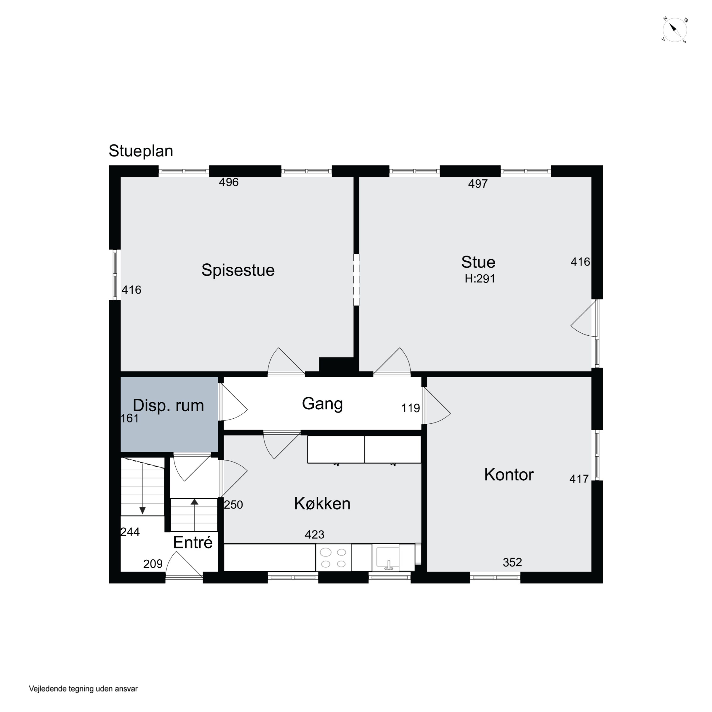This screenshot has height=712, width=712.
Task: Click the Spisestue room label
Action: pyautogui.click(x=238, y=270)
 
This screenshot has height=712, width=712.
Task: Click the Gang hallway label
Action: pyautogui.click(x=323, y=404)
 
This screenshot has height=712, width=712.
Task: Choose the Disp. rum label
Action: pyautogui.click(x=169, y=405)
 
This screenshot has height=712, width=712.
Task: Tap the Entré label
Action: pyautogui.click(x=193, y=543)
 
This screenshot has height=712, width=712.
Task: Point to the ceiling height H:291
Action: pyautogui.click(x=480, y=279)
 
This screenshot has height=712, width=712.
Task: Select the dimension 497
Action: pyautogui.click(x=478, y=183)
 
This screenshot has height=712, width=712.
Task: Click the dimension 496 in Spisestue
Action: pyautogui.click(x=229, y=182)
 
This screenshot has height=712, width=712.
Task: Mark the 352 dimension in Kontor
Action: pyautogui.click(x=512, y=562)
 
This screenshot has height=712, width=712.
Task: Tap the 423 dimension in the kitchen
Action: pyautogui.click(x=314, y=534)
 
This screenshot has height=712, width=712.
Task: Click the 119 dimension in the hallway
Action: pyautogui.click(x=411, y=408)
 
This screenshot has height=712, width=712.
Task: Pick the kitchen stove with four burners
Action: pyautogui.click(x=333, y=557)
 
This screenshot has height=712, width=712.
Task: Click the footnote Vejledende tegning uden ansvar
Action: pyautogui.click(x=83, y=689)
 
